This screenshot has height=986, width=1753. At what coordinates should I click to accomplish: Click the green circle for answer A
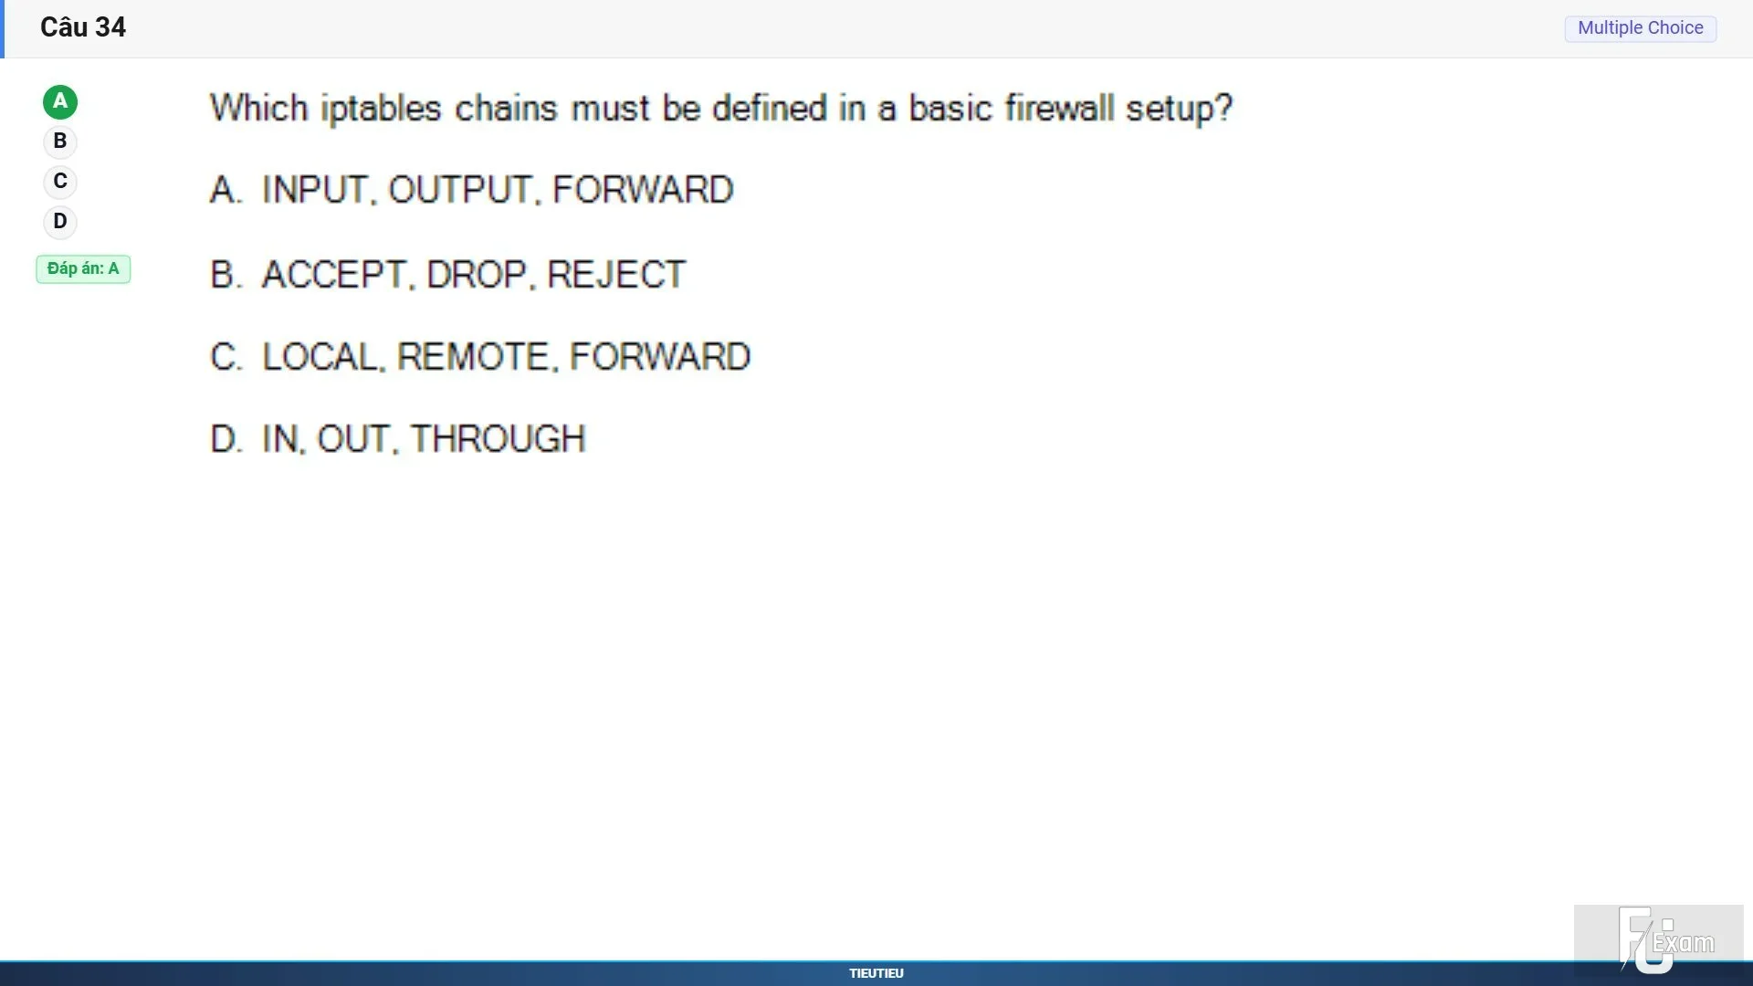pyautogui.click(x=60, y=102)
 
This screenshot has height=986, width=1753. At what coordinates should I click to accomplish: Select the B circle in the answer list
pyautogui.click(x=60, y=142)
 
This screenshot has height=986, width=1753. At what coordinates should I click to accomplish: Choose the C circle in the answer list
pyautogui.click(x=60, y=182)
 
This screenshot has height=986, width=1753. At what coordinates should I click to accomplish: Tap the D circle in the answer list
pyautogui.click(x=60, y=222)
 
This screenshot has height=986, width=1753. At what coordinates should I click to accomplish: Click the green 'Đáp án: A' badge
pyautogui.click(x=83, y=269)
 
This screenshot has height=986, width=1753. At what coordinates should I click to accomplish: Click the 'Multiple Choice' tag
pyautogui.click(x=1641, y=28)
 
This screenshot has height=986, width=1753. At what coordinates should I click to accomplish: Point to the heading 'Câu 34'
pyautogui.click(x=83, y=27)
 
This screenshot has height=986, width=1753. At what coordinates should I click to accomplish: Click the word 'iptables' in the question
pyautogui.click(x=382, y=109)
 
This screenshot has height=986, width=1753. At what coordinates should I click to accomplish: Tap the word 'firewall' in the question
pyautogui.click(x=1060, y=108)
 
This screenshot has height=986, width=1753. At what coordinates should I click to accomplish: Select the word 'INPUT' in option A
pyautogui.click(x=314, y=190)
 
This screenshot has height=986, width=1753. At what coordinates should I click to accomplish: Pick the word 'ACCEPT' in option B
pyautogui.click(x=333, y=275)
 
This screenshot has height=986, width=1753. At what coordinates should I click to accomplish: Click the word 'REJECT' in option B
pyautogui.click(x=616, y=275)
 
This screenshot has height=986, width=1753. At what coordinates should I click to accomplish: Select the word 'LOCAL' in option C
pyautogui.click(x=319, y=357)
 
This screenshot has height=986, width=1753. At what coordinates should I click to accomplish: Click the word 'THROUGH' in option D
pyautogui.click(x=499, y=439)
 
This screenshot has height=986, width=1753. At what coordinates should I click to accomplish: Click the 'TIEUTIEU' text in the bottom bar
pyautogui.click(x=876, y=973)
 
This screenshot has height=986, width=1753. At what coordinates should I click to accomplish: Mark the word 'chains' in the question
pyautogui.click(x=507, y=108)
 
